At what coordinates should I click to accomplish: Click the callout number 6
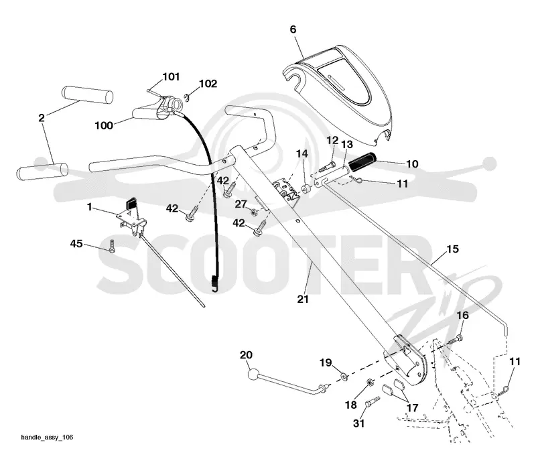pos(293,29)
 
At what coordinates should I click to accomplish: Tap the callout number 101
pos(171,76)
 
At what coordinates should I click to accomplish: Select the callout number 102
pos(208,84)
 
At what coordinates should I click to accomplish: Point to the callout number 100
pos(104,125)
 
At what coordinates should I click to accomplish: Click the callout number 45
pos(76,243)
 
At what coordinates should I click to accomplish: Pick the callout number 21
pos(303,300)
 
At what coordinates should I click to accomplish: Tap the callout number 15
pos(452,249)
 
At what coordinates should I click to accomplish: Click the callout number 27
pos(241,204)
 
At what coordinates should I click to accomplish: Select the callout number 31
pos(358,423)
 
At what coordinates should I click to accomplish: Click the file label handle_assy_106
pos(47,438)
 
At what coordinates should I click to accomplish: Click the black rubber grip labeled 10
pos(362,162)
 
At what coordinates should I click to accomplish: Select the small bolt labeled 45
pos(112,247)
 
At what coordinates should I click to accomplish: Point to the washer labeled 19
pos(344,377)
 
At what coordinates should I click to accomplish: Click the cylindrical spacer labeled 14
pos(306,190)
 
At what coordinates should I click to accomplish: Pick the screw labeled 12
pos(328,167)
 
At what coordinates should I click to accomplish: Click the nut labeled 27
pos(253,212)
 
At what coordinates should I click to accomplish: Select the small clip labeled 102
pos(186,96)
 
